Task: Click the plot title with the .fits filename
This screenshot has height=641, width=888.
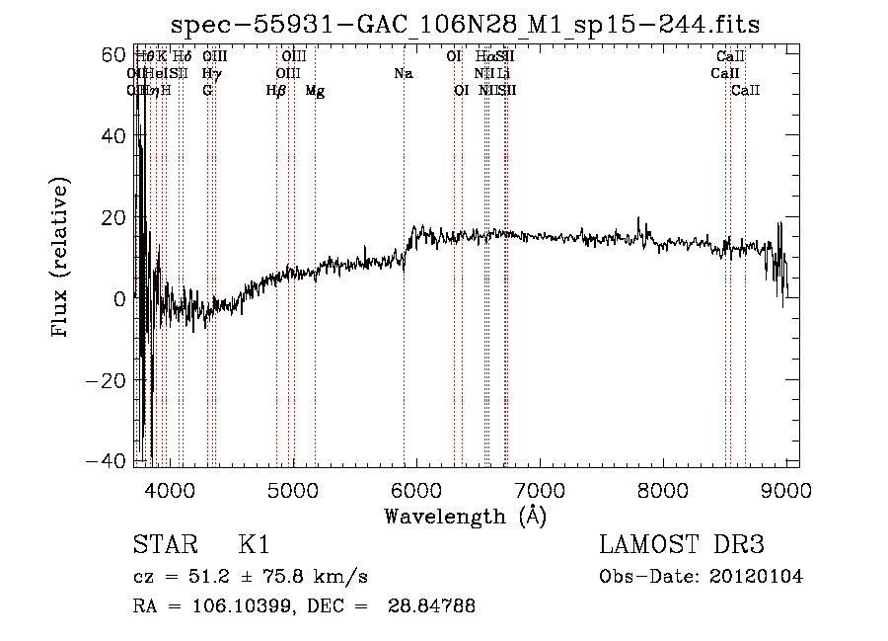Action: click(x=465, y=25)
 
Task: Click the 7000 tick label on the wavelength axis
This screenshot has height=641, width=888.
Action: click(x=540, y=489)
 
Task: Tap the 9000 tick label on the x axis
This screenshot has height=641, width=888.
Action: click(x=786, y=489)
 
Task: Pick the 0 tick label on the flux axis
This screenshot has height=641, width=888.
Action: click(x=118, y=298)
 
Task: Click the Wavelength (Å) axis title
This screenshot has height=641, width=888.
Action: click(x=465, y=516)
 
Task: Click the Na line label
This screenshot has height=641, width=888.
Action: click(x=403, y=74)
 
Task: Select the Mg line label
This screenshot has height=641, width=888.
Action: click(x=315, y=91)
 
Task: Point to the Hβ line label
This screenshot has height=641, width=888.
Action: click(x=276, y=91)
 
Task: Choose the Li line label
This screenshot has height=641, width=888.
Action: click(x=503, y=74)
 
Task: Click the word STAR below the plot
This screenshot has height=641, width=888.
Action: click(x=162, y=545)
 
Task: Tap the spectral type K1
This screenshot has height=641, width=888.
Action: click(x=254, y=545)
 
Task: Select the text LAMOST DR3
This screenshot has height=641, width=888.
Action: click(x=682, y=545)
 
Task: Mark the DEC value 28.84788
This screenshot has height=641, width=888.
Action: click(x=433, y=606)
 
